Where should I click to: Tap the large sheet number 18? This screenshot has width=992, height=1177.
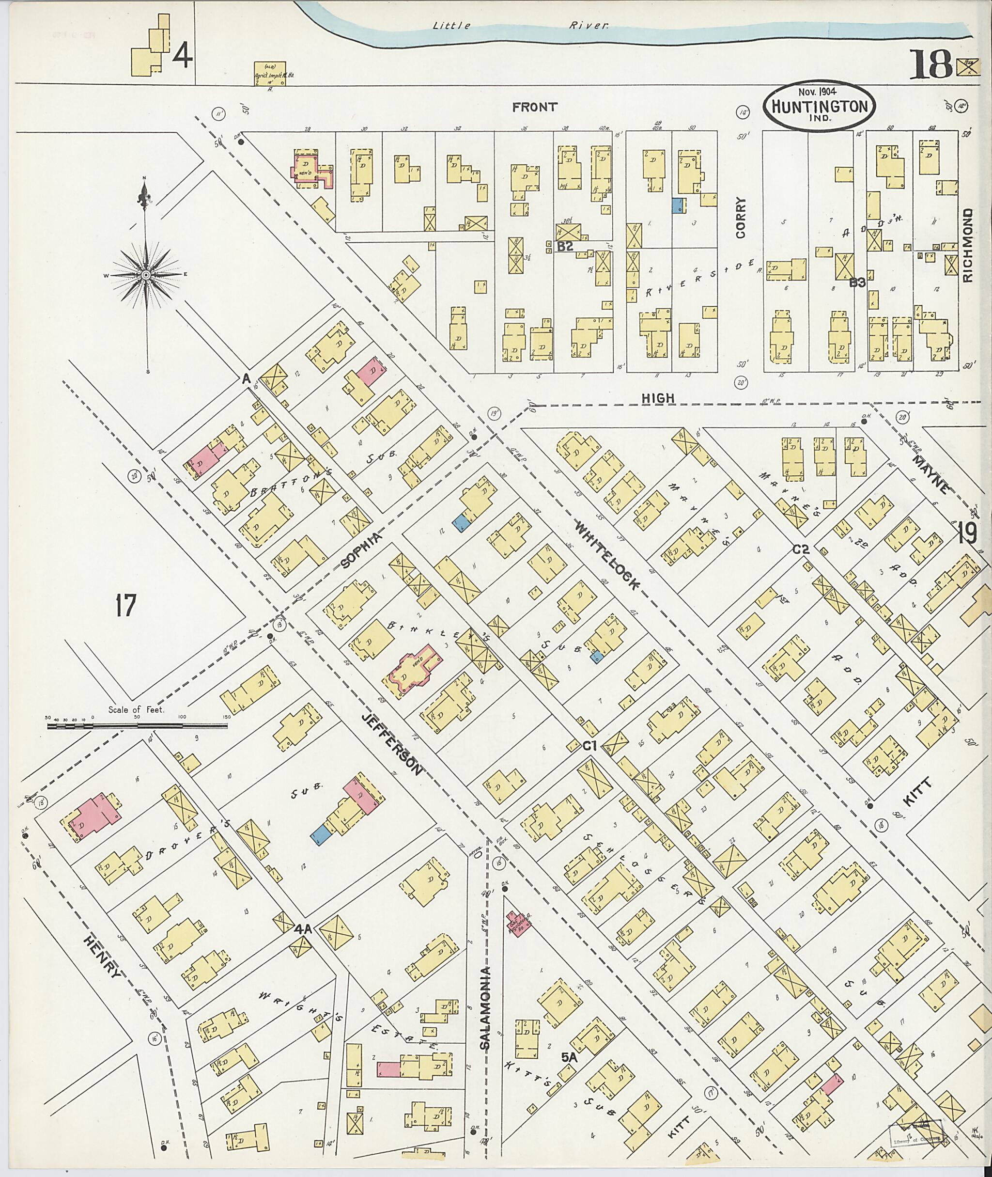click(x=931, y=66)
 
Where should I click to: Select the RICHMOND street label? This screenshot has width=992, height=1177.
click(x=968, y=245)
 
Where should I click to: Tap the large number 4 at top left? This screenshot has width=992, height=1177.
click(x=183, y=56)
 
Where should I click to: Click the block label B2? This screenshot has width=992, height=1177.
click(x=565, y=246)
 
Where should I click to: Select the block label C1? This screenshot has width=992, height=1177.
click(x=589, y=747)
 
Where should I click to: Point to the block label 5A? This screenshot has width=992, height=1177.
click(x=570, y=1058)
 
